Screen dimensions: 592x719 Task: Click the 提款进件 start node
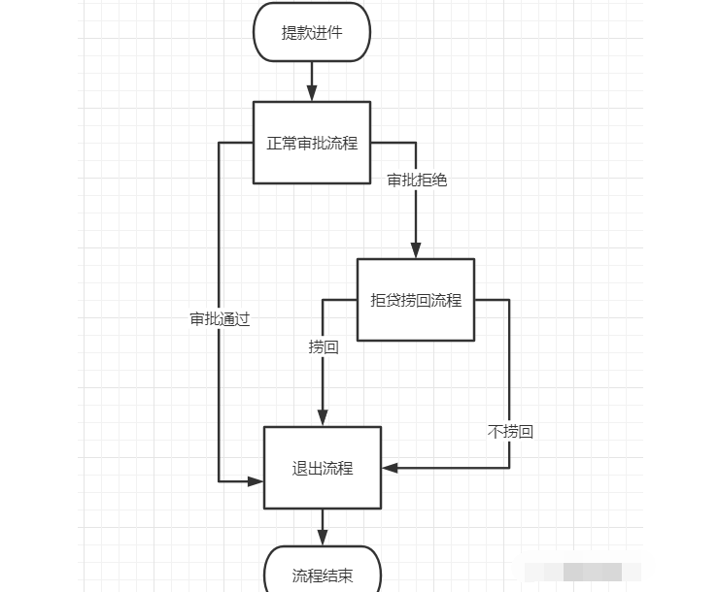[x=312, y=32]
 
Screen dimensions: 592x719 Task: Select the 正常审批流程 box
[x=312, y=143]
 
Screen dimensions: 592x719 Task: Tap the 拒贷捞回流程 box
[x=416, y=300]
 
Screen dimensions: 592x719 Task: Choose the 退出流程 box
[x=323, y=468]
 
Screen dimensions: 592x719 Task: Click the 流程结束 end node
[x=323, y=575]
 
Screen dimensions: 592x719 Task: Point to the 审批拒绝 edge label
[x=417, y=180]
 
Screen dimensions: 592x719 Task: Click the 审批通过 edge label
[x=220, y=318]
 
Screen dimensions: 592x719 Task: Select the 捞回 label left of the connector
[x=324, y=346]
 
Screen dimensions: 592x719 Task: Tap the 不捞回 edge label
[x=510, y=431]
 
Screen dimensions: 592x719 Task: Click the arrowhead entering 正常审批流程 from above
[x=312, y=95]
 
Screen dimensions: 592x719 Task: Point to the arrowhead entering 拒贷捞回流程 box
[x=416, y=252]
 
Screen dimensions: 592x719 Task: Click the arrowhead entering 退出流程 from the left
[x=257, y=479]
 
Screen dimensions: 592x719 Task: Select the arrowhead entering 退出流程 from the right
[x=389, y=468]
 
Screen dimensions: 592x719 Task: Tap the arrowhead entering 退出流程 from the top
[x=323, y=420]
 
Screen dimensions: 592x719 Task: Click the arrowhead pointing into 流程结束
[x=323, y=540]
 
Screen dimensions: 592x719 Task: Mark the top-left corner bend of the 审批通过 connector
[x=220, y=143]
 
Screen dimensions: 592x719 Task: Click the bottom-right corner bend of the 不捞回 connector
[x=509, y=468]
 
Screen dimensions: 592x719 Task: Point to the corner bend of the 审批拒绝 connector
[x=416, y=143]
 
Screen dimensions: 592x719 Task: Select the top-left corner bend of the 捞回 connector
[x=323, y=300]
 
